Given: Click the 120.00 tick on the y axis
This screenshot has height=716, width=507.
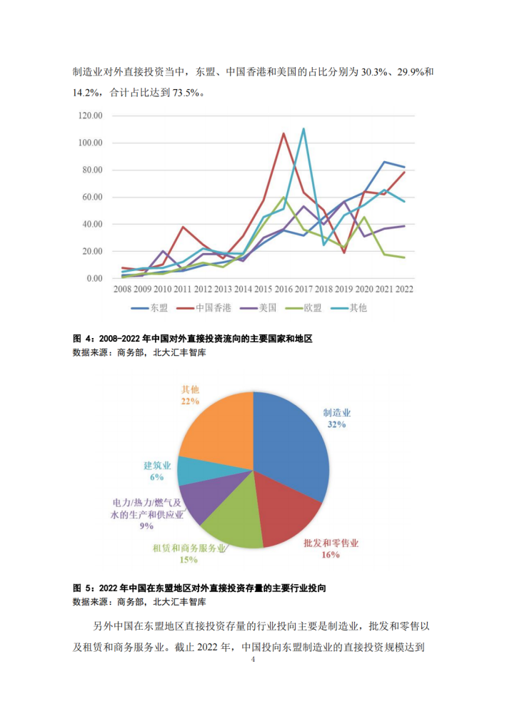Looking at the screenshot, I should [x=91, y=116].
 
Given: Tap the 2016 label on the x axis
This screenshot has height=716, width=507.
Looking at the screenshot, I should [x=283, y=290].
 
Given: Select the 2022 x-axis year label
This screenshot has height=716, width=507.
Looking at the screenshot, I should [x=405, y=290].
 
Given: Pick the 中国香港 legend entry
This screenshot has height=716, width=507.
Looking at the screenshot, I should [x=208, y=308].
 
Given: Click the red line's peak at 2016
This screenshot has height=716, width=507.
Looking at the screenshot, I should [x=283, y=133].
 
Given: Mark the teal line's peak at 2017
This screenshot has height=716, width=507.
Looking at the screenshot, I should [x=303, y=129].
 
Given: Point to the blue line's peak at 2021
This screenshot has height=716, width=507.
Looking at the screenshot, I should [x=384, y=162].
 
